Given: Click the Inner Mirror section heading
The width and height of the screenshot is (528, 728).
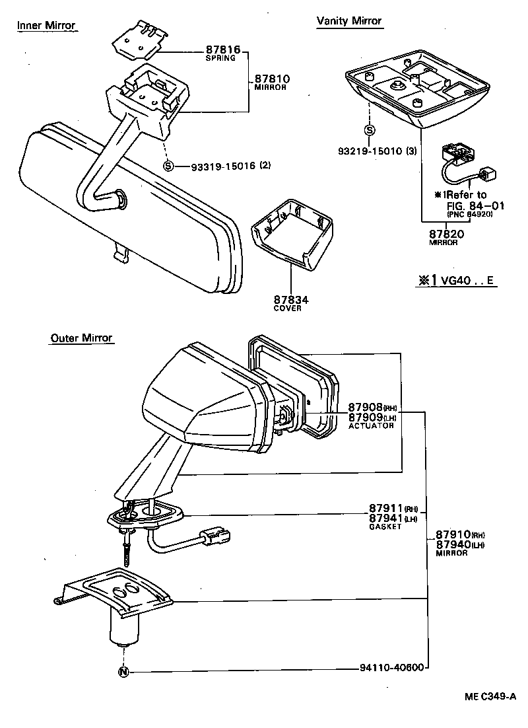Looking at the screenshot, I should (x=46, y=26).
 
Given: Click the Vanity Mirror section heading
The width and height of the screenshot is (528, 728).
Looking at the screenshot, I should (x=349, y=21).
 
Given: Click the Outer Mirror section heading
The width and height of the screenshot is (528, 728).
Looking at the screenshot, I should (x=82, y=338).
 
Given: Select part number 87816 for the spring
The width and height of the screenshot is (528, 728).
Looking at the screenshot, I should (x=222, y=50).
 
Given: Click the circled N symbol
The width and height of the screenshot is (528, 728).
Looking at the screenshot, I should (x=123, y=673).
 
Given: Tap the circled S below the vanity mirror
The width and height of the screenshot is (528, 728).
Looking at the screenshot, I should (x=370, y=130).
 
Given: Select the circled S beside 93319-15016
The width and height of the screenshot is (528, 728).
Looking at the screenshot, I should (x=168, y=166).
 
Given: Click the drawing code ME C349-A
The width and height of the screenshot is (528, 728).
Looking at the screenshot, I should (x=488, y=696).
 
